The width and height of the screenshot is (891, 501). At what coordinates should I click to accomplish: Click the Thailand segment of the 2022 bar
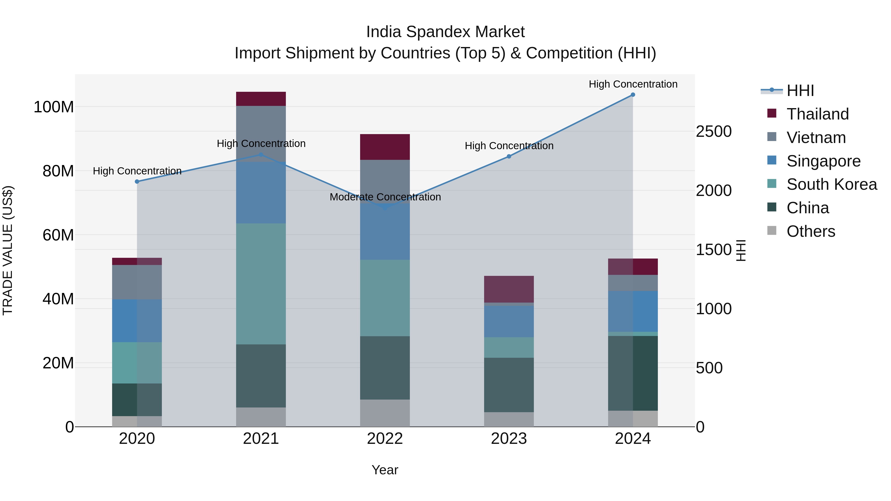pyautogui.click(x=385, y=147)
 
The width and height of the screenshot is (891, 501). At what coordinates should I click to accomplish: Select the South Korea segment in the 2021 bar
pyautogui.click(x=261, y=284)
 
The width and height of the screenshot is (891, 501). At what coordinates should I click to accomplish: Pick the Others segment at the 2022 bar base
pyautogui.click(x=385, y=413)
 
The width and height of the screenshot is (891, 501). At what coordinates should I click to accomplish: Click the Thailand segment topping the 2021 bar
pyautogui.click(x=261, y=99)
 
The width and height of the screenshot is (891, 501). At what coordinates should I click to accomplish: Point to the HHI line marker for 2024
pyautogui.click(x=633, y=95)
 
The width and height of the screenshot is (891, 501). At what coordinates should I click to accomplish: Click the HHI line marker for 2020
pyautogui.click(x=137, y=182)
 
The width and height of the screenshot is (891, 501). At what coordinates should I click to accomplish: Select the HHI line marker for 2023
pyautogui.click(x=509, y=156)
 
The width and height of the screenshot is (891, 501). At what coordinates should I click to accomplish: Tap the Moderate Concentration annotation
pyautogui.click(x=385, y=197)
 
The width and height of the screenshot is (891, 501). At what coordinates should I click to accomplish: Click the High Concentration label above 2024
pyautogui.click(x=633, y=84)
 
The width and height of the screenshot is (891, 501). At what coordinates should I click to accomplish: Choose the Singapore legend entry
pyautogui.click(x=823, y=161)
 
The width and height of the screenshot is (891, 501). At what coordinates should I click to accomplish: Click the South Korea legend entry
pyautogui.click(x=832, y=184)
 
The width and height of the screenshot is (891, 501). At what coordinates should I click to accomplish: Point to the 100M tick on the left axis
pyautogui.click(x=54, y=107)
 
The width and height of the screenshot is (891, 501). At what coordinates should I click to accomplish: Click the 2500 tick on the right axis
pyautogui.click(x=713, y=132)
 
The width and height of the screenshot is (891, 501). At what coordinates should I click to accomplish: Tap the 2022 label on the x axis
pyautogui.click(x=385, y=439)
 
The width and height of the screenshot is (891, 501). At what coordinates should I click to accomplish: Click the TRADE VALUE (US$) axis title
pyautogui.click(x=8, y=250)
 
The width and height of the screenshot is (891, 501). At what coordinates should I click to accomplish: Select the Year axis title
pyautogui.click(x=385, y=470)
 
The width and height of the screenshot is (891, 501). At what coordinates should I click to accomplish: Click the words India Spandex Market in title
pyautogui.click(x=445, y=32)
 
